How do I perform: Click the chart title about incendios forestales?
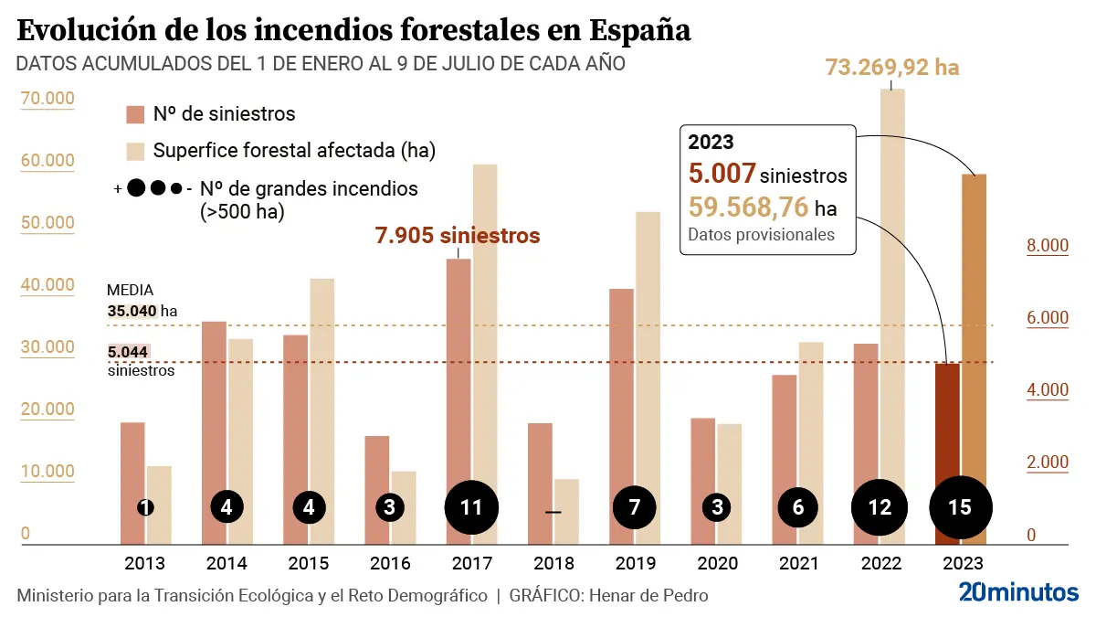pyautogui.click(x=353, y=30)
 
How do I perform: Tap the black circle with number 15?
pyautogui.click(x=960, y=506)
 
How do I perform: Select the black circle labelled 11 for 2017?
pyautogui.click(x=471, y=506)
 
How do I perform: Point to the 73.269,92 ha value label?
pyautogui.click(x=892, y=68)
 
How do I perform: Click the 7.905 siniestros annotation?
pyautogui.click(x=458, y=236)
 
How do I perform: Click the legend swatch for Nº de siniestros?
pyautogui.click(x=135, y=114)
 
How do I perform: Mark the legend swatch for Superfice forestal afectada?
pyautogui.click(x=135, y=151)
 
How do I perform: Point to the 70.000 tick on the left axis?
pyautogui.click(x=47, y=99)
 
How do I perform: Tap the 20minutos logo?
pyautogui.click(x=1018, y=593)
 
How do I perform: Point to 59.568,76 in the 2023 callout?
pyautogui.click(x=748, y=207)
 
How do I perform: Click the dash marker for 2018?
pyautogui.click(x=553, y=512)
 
